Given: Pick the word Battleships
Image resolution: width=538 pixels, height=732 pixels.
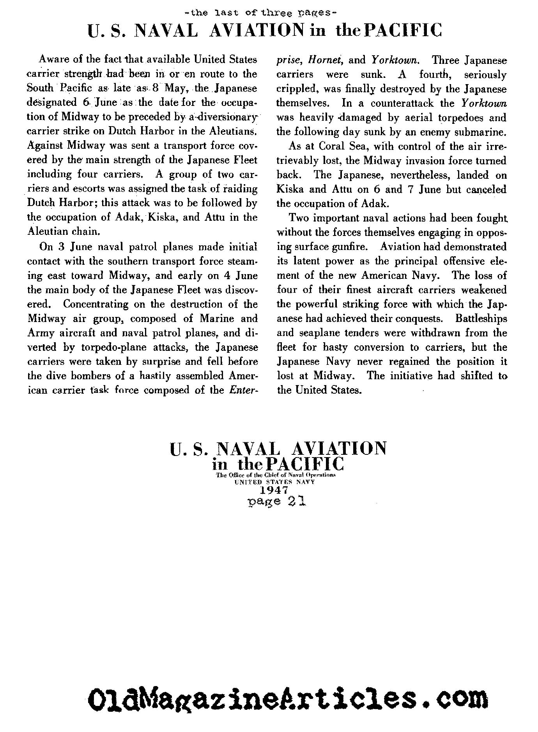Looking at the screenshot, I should [x=481, y=319].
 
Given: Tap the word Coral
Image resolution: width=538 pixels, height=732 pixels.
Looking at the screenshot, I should [x=332, y=146].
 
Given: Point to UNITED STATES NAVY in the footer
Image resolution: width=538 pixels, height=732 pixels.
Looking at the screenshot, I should [x=274, y=481].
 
